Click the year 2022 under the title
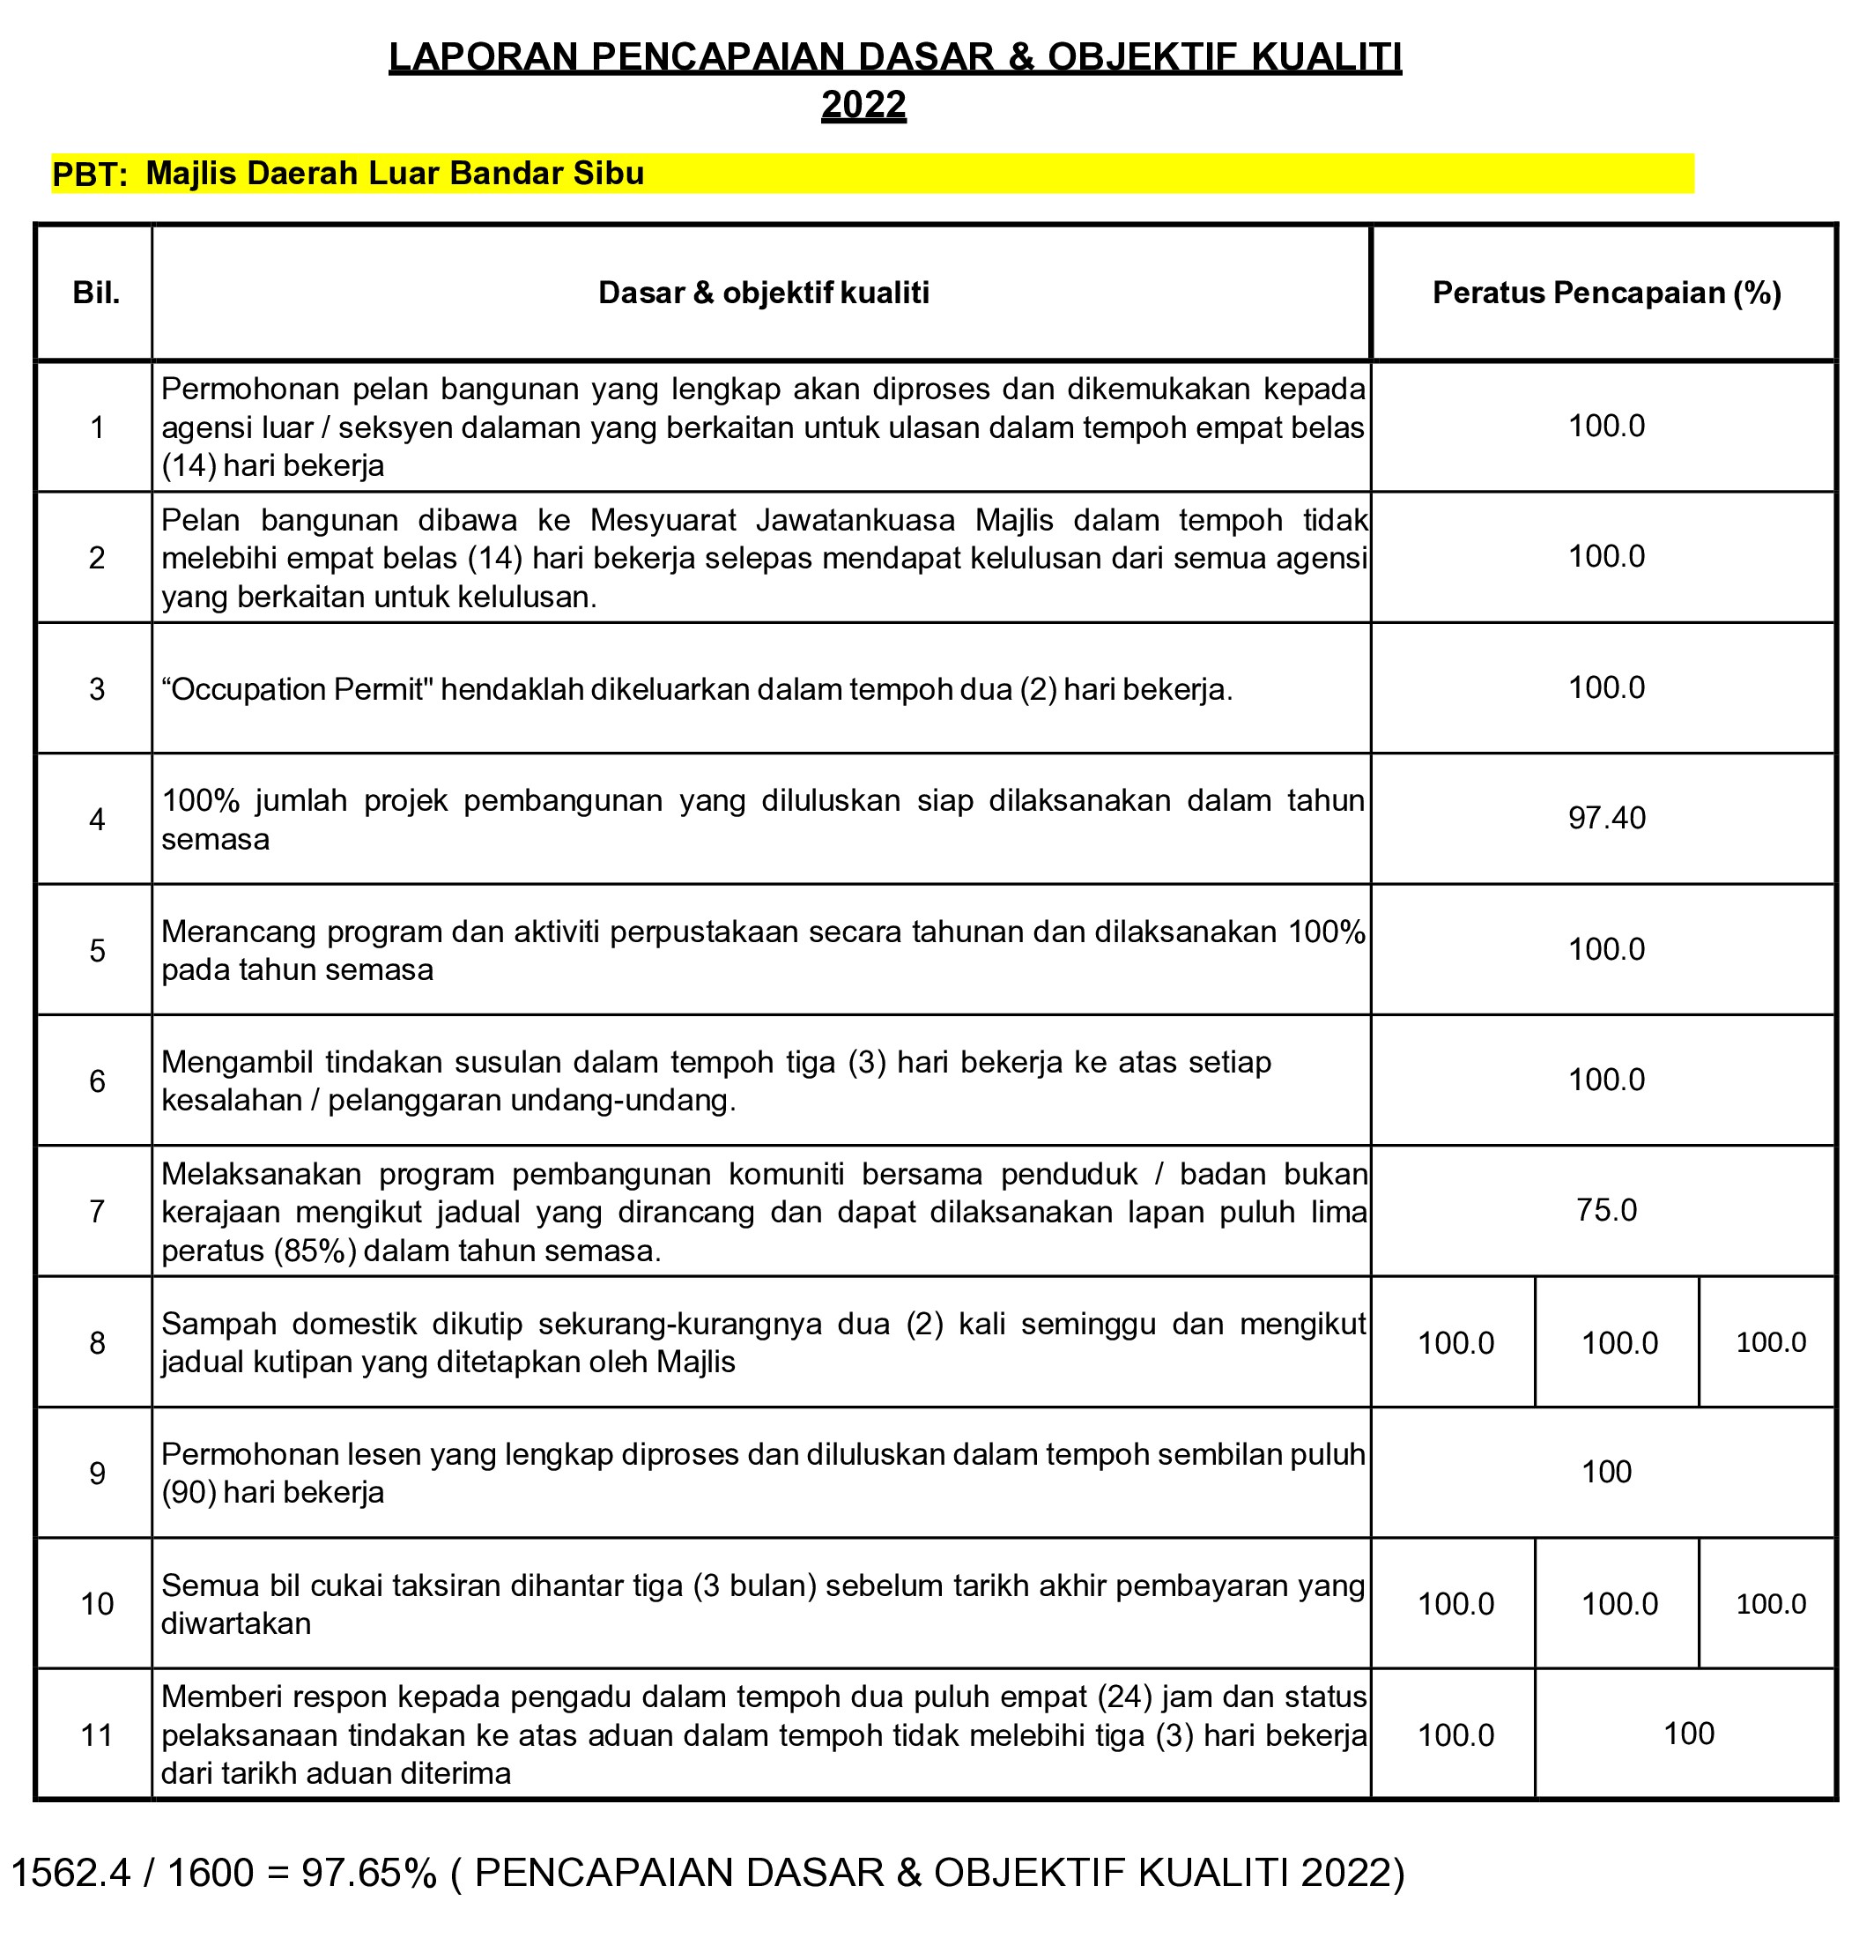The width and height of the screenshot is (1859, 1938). pos(863,105)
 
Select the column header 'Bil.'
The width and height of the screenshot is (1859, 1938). pos(97,293)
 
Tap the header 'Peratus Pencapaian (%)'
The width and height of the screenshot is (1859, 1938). pos(1606,293)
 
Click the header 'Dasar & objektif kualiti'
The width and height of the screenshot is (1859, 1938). pos(763,293)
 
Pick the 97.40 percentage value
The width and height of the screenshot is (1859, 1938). pos(1606,819)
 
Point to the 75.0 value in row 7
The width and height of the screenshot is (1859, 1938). pos(1606,1210)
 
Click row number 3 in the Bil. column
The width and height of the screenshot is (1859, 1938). pos(97,689)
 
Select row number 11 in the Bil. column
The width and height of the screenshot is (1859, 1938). pos(97,1735)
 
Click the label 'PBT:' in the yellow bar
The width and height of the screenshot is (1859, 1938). pos(90,175)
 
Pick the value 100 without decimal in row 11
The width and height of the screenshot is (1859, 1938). pos(1688,1734)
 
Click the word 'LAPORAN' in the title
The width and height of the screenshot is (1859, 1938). pos(484,57)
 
